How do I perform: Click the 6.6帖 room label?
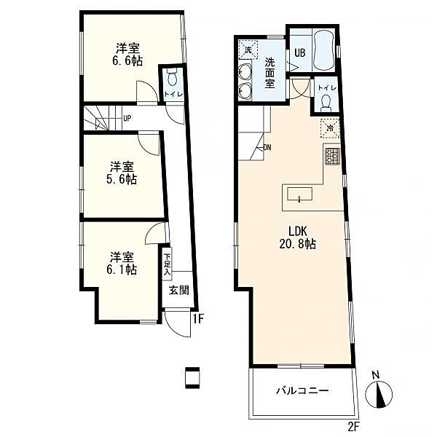point(127,55)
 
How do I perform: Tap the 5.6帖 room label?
point(122,173)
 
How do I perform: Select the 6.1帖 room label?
point(122,263)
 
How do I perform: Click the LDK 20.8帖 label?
point(297,237)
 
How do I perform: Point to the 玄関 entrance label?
point(179,291)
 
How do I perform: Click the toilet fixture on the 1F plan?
point(172,77)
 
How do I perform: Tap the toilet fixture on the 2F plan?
point(326,103)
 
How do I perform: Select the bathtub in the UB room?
point(323,51)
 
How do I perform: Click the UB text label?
point(300,52)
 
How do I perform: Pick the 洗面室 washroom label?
point(269,73)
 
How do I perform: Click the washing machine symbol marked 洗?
point(248,50)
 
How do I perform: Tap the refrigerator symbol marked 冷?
point(330,128)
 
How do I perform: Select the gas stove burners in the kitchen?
point(333,157)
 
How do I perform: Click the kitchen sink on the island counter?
point(299,194)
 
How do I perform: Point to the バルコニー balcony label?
point(302,390)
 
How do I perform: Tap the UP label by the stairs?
point(127,119)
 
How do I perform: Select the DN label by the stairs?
point(267,148)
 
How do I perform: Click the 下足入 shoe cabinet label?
point(167,264)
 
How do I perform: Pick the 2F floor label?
point(354,425)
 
